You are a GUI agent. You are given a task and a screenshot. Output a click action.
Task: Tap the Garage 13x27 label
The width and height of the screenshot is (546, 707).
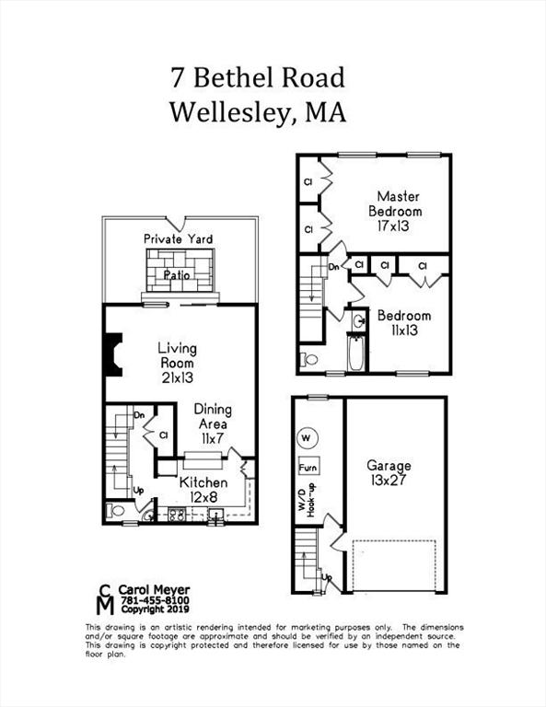point(389,472)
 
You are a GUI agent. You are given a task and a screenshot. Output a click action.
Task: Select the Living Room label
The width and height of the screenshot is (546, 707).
point(177,363)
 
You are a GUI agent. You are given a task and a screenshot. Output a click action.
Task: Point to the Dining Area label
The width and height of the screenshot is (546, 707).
point(211,423)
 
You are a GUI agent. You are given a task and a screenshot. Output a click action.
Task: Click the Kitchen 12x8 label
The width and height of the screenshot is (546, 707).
point(203,490)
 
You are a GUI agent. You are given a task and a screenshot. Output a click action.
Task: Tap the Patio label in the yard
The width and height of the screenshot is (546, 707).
point(177,274)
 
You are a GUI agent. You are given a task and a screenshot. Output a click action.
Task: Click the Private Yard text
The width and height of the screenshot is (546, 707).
point(178,239)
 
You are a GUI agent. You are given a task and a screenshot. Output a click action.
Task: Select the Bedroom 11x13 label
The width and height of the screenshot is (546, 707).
point(404,322)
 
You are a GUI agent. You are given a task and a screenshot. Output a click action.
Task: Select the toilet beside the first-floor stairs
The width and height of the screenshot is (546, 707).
point(114,510)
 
